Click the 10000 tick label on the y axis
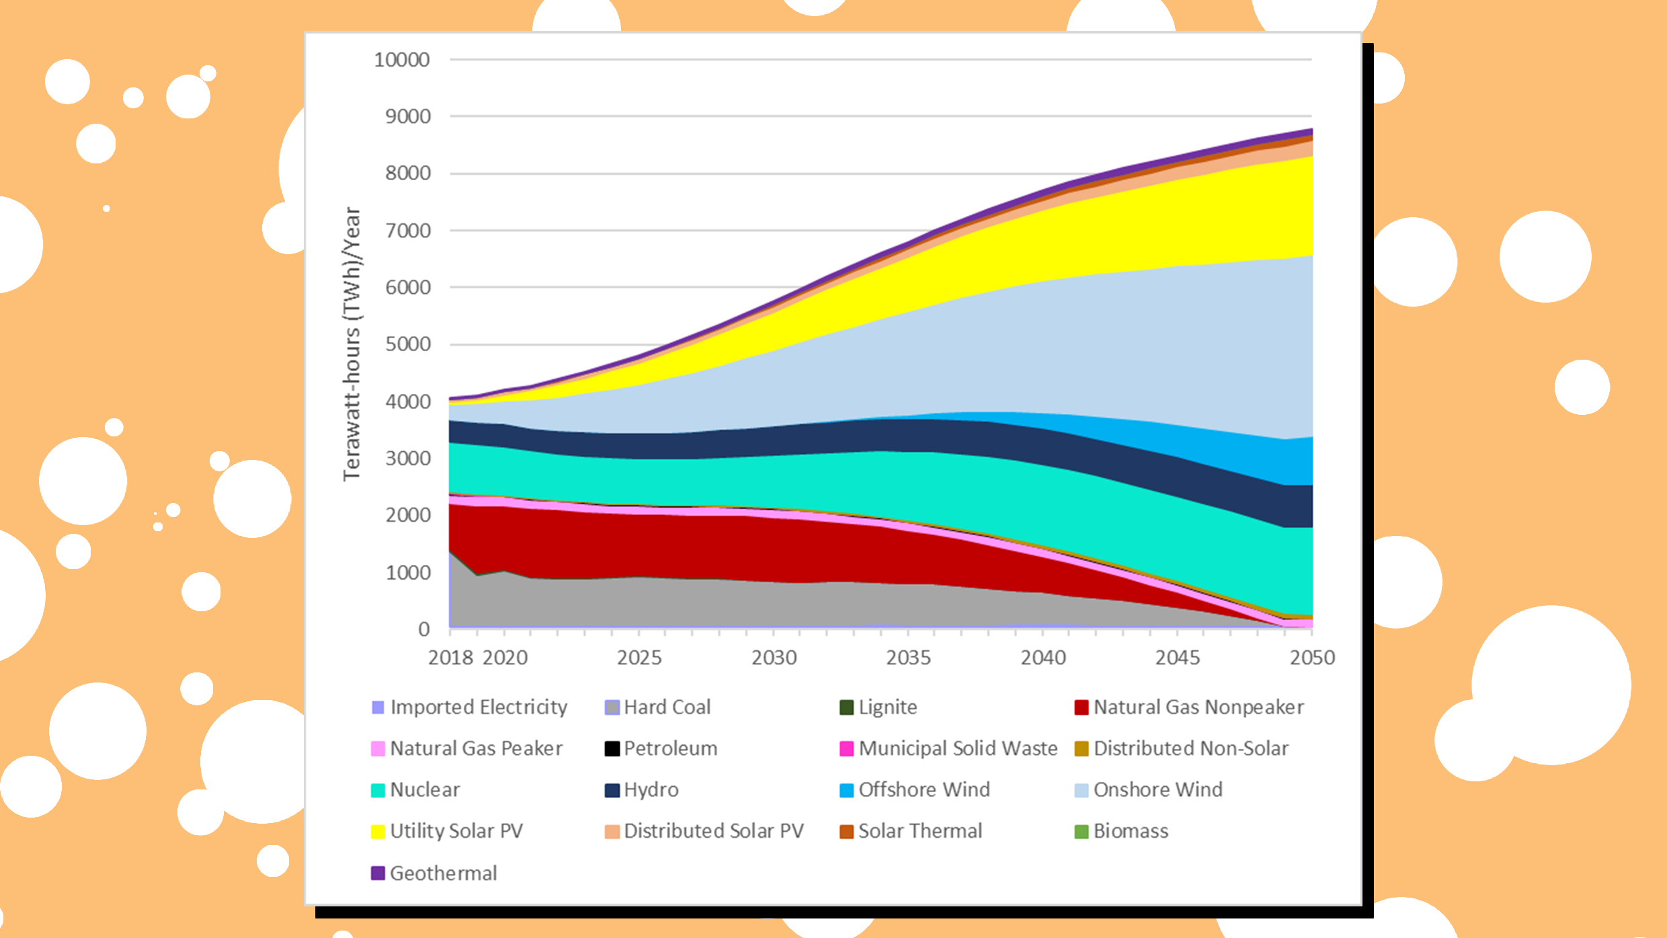pos(401,60)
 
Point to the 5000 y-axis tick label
pos(407,344)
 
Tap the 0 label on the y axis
pos(423,629)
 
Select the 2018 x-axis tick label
pos(450,658)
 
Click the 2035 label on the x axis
pos(908,658)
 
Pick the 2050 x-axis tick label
pos(1311,658)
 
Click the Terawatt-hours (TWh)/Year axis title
pos(352,344)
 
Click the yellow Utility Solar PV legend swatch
pos(378,832)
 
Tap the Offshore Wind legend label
pos(924,789)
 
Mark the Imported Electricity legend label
pos(478,707)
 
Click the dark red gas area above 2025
pos(639,545)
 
